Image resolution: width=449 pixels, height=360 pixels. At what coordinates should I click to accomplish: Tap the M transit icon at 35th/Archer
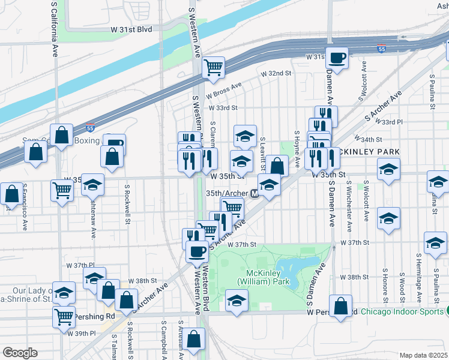pyautogui.click(x=255, y=194)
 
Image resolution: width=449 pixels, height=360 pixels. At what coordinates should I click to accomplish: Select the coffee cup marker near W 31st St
pyautogui.click(x=337, y=58)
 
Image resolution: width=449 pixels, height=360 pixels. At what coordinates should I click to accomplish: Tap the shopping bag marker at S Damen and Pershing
pyautogui.click(x=340, y=307)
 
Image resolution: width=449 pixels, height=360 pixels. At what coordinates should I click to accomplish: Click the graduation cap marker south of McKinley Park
pyautogui.click(x=237, y=300)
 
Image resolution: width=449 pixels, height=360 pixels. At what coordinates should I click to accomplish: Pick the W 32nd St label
pyautogui.click(x=276, y=73)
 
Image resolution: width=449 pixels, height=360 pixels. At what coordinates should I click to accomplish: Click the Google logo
pyautogui.click(x=20, y=352)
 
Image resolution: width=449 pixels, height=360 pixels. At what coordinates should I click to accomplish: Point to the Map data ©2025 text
pyautogui.click(x=423, y=355)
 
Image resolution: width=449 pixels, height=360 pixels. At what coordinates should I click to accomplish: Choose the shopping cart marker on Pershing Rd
pyautogui.click(x=64, y=316)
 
